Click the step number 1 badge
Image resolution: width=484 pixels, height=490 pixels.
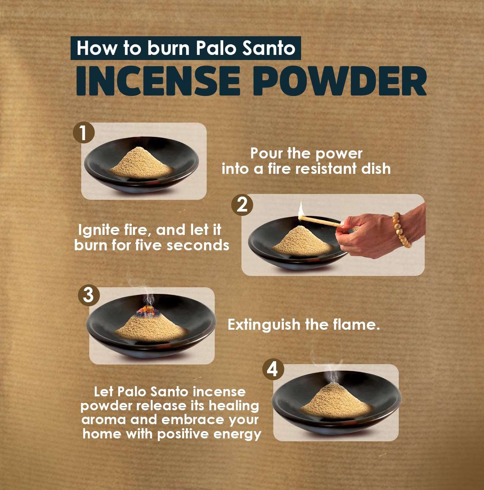point(83,132)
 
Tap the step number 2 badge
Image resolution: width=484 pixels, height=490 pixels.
point(242,205)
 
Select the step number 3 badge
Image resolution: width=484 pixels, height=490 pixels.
point(89,295)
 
